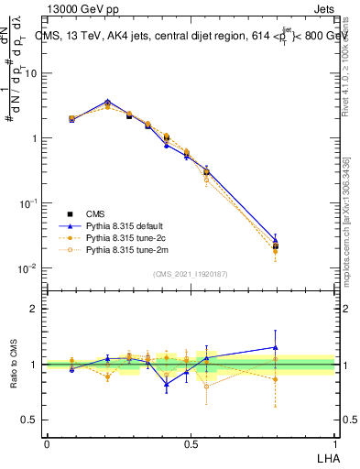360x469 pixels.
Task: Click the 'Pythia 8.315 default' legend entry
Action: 128,224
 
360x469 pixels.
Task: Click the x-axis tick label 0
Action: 47,444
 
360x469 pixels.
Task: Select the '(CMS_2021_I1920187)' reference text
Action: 191,274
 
